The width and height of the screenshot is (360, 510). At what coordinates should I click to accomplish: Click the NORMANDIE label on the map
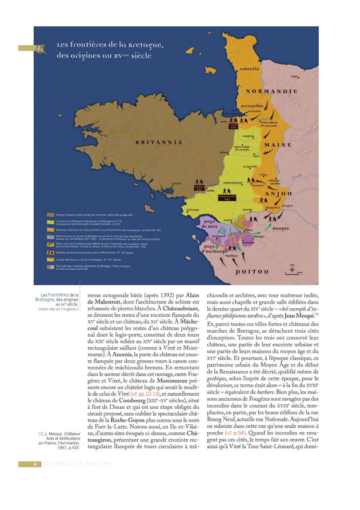271,91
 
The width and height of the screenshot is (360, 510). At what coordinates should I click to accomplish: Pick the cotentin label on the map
249,69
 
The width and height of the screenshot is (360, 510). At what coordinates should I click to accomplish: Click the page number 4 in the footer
35,463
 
